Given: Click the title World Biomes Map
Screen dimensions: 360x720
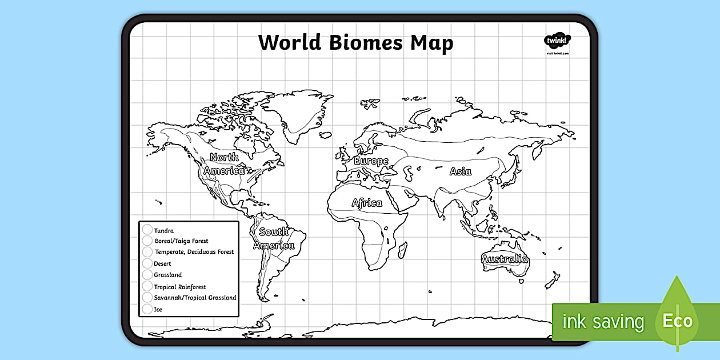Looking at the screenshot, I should (355, 43).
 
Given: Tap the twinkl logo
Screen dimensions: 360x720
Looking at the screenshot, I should (557, 41).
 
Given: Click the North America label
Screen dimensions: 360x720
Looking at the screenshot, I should (224, 164).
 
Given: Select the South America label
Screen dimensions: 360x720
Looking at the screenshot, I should (274, 239).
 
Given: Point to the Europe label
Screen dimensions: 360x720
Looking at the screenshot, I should (371, 161).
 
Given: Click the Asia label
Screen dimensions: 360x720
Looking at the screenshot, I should (460, 171).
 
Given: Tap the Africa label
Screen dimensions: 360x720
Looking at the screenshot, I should (367, 203).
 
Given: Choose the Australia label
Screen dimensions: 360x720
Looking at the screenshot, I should (505, 259).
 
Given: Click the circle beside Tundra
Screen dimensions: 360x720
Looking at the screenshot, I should (147, 230).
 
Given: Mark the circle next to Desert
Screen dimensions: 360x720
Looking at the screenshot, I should (147, 264).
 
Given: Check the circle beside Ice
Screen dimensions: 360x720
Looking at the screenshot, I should (147, 310).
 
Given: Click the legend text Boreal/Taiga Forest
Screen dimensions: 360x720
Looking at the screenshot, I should (181, 241).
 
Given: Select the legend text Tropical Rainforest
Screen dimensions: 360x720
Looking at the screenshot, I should (180, 287).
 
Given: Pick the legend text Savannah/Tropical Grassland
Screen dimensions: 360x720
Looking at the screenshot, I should (195, 298).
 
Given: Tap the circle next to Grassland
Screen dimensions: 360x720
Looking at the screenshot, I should (147, 275).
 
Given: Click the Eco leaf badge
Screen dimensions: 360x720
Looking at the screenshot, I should (678, 320).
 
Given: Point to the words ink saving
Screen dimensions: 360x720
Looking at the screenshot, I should (603, 322).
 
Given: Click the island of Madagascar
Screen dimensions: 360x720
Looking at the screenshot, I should (402, 250).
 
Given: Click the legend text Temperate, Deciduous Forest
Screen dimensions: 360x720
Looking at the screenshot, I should (194, 252).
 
